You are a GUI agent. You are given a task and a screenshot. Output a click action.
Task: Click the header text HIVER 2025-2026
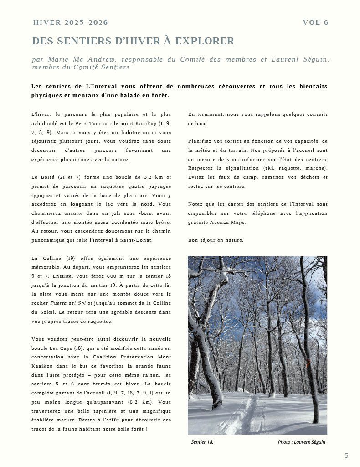(x=71, y=23)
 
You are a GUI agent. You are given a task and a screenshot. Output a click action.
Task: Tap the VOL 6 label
(x=315, y=23)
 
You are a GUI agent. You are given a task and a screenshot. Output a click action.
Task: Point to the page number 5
(x=346, y=455)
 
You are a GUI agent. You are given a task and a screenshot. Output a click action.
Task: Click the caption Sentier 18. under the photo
(x=202, y=442)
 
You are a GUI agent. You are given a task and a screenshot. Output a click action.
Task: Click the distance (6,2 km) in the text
(x=140, y=402)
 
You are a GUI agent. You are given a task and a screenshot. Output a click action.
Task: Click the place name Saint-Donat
(x=138, y=240)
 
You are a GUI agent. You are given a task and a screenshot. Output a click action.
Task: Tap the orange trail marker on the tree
(x=308, y=363)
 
